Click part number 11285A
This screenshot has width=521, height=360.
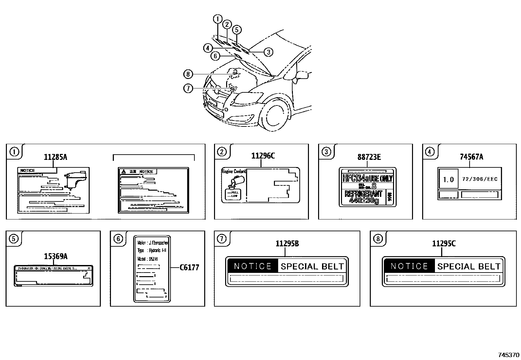(55, 157)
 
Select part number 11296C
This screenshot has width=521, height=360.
(263, 156)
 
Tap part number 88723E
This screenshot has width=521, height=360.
(369, 157)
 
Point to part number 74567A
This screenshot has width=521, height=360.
(471, 157)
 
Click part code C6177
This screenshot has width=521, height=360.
(189, 268)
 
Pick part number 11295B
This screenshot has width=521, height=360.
(287, 244)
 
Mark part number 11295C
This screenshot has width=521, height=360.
(443, 244)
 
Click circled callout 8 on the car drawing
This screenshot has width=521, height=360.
(188, 74)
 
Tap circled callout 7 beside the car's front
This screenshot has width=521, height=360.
(188, 88)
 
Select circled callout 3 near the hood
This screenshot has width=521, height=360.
(268, 52)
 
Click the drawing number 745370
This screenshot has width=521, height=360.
(508, 355)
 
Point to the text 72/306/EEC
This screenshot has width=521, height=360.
(479, 179)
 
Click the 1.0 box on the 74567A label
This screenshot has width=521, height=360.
(448, 179)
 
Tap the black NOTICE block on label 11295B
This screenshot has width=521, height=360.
(253, 266)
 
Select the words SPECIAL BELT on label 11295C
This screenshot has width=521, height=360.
(469, 266)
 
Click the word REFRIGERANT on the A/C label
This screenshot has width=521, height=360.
(363, 194)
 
